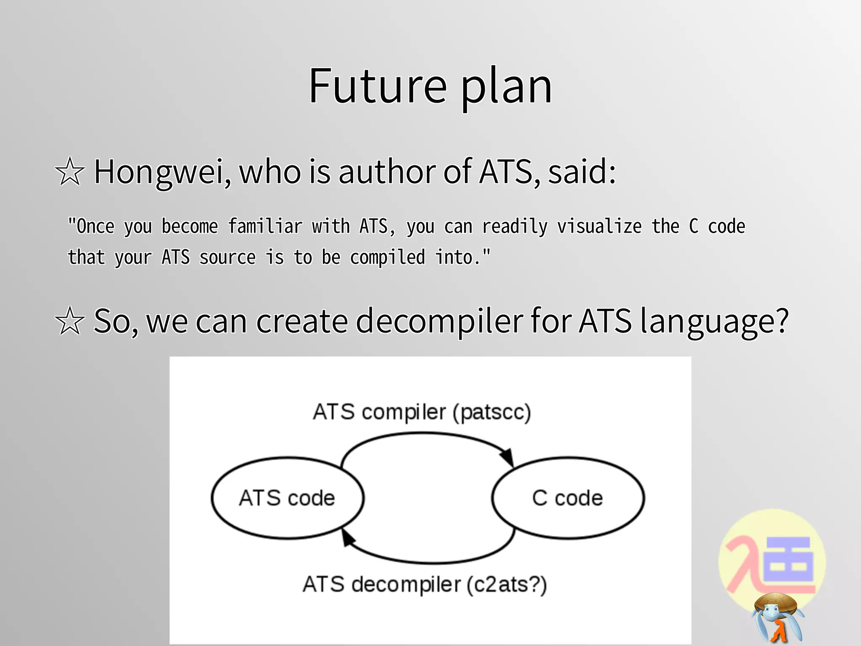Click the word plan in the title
click(506, 88)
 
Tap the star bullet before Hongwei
click(70, 172)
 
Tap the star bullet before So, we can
click(70, 321)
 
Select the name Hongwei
click(162, 172)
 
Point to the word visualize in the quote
click(599, 227)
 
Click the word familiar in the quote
click(265, 227)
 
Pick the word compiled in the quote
click(387, 258)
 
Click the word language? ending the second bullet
click(713, 322)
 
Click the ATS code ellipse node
click(287, 498)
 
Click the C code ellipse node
click(568, 498)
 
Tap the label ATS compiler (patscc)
click(422, 412)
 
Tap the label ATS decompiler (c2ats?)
click(425, 584)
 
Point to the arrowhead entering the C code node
click(507, 457)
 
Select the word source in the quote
click(227, 258)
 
